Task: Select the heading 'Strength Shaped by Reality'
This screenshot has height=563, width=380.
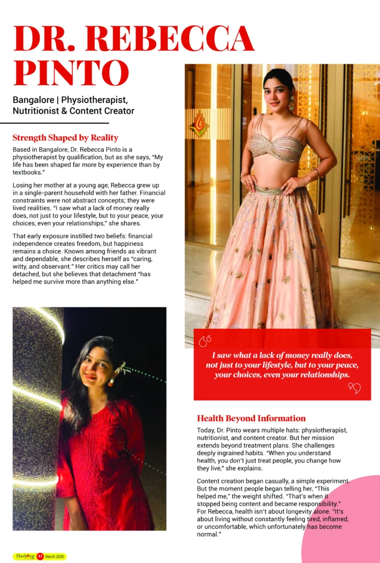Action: [65, 137]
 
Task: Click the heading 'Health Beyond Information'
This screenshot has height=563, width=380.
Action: [251, 418]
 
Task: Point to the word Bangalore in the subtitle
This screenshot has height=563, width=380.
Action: [35, 100]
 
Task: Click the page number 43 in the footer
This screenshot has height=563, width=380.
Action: [40, 557]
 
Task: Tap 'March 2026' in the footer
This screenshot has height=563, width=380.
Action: [56, 557]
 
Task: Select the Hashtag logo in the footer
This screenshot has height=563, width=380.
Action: [25, 556]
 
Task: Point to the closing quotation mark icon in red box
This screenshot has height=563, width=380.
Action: [354, 389]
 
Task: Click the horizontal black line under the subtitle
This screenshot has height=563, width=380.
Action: [54, 123]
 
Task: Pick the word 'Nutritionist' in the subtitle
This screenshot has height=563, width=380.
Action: [37, 111]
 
